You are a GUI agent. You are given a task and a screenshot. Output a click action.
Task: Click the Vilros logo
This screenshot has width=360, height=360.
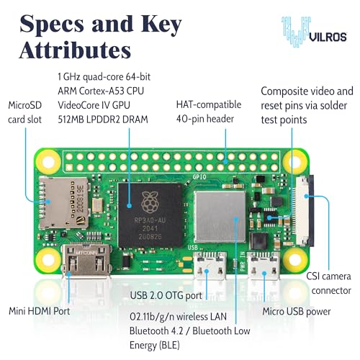[x=315, y=32]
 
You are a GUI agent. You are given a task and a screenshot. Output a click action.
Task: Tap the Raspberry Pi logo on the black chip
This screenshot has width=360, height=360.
[x=150, y=202]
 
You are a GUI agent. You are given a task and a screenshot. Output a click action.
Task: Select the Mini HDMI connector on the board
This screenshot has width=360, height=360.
[x=86, y=261]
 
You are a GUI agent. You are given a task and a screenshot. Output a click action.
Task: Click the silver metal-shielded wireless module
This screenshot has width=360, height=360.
[x=220, y=217]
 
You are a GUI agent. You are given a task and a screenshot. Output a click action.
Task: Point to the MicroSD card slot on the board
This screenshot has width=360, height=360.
[x=64, y=203]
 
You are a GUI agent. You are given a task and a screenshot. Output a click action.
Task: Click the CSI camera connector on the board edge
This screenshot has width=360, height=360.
[x=305, y=211]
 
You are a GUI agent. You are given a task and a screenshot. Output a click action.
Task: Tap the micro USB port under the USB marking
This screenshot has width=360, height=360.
[x=210, y=266]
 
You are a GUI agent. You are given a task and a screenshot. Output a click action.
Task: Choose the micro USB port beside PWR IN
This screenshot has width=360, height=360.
[x=264, y=266]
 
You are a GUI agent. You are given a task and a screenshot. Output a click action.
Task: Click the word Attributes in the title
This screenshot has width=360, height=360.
[x=75, y=50]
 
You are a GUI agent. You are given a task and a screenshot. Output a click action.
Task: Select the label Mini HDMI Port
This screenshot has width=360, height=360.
[x=40, y=311]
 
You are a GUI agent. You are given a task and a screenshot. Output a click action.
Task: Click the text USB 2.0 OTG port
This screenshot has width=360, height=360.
[x=166, y=295]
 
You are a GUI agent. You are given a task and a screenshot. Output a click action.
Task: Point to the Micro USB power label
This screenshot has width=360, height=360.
[x=297, y=312]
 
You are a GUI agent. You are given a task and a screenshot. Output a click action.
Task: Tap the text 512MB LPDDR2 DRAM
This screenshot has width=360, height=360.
[x=103, y=120]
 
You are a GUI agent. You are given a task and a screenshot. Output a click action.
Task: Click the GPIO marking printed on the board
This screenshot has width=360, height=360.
[x=199, y=177]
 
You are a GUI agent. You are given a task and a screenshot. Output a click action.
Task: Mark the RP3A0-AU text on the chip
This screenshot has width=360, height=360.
[x=150, y=220]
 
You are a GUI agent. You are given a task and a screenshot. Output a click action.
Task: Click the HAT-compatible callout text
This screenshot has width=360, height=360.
[x=209, y=105]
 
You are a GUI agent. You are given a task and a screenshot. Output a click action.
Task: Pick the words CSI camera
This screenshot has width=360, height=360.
[x=328, y=276]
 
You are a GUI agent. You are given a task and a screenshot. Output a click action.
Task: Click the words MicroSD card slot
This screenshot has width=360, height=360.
[x=25, y=112]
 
